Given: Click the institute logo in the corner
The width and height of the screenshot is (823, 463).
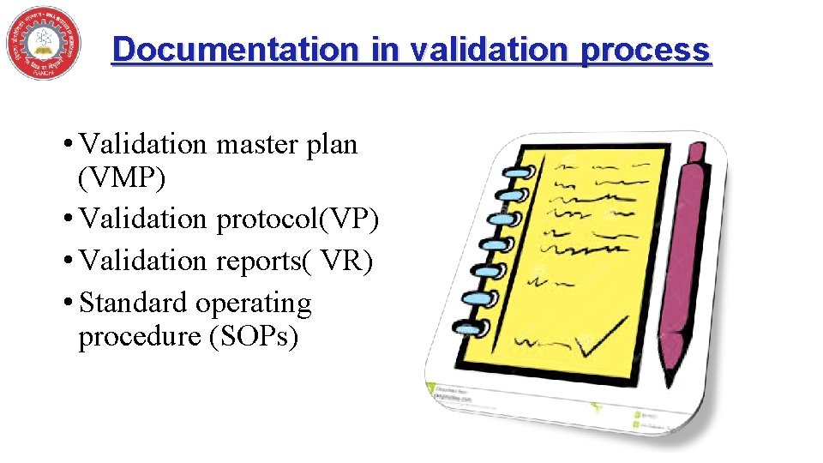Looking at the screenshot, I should [x=43, y=43].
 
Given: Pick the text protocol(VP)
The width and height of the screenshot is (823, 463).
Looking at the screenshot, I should [x=297, y=220].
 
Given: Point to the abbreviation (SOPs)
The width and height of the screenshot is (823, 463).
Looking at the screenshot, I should [x=253, y=337].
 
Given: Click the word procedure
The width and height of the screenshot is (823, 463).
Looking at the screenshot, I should [x=139, y=337].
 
